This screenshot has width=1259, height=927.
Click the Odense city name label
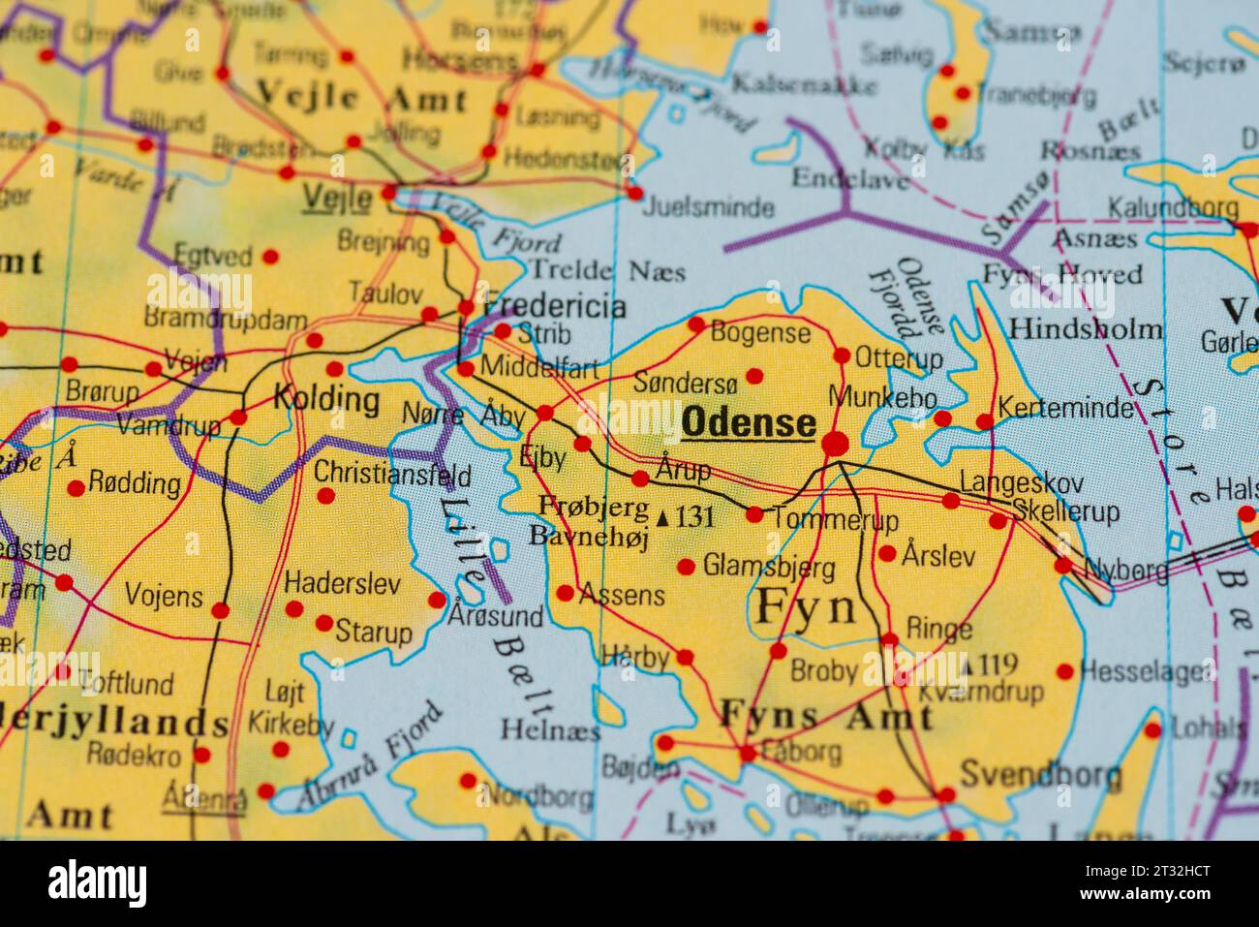[749, 423]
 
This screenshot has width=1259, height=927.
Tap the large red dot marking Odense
[835, 445]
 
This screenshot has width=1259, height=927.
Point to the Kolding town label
[326, 398]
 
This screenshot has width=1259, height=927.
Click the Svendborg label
[1040, 775]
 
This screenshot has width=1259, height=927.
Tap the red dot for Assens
[565, 593]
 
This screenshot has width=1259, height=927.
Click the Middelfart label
[539, 369]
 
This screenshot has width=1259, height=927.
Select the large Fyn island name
[806, 608]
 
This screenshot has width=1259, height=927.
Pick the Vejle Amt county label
[361, 98]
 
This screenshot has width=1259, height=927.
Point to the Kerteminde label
[1065, 408]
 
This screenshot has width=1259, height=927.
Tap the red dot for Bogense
[696, 324]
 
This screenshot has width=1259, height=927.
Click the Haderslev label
[342, 582]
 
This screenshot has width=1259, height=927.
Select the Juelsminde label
[710, 207]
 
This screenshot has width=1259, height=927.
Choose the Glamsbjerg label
[769, 565]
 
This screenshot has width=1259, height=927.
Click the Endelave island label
[849, 178]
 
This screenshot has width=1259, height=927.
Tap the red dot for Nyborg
[1063, 566]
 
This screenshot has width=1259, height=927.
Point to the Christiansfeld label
[392, 476]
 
